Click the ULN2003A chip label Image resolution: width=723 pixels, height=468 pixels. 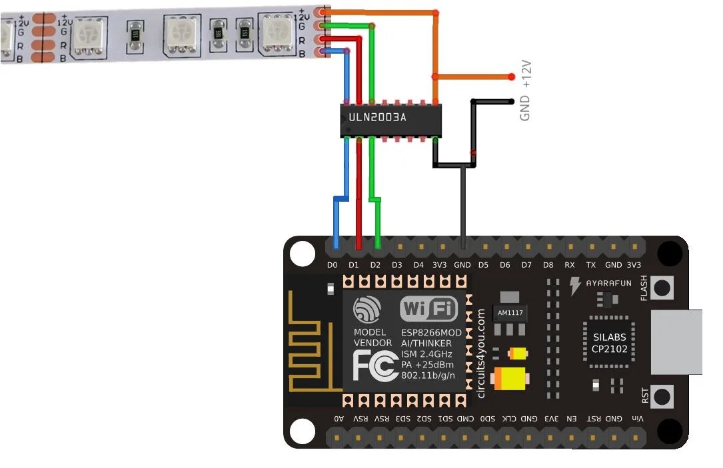(x=377, y=118)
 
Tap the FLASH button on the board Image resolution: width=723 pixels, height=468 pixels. (x=662, y=288)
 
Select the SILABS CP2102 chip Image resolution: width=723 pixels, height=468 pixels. (x=609, y=343)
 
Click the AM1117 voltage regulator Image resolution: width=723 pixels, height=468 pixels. (x=510, y=313)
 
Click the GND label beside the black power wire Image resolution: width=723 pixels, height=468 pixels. (x=525, y=108)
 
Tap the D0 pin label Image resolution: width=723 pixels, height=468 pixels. (x=333, y=266)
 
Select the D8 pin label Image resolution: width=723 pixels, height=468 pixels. (x=548, y=266)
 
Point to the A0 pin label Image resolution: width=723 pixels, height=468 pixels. (x=339, y=419)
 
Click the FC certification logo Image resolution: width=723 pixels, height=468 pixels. (x=375, y=366)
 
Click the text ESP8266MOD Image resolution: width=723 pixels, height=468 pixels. (x=431, y=332)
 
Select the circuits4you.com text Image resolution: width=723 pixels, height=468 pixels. (x=481, y=353)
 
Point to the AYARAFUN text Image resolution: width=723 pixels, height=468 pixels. (x=608, y=283)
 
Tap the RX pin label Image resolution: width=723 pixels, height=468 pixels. (x=570, y=266)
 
